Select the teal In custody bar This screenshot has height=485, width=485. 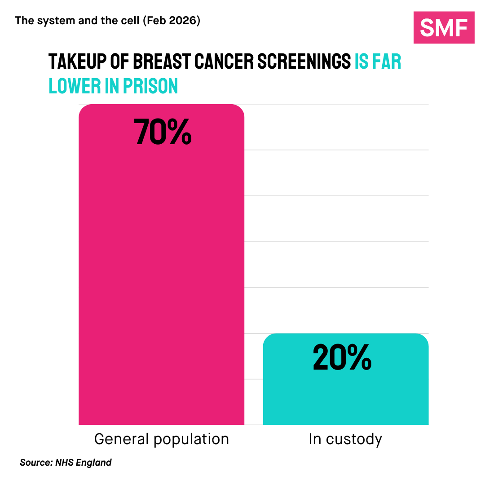point(345,395)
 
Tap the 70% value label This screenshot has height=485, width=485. point(163,132)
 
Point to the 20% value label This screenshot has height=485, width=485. point(342,357)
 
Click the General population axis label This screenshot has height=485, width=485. point(161,439)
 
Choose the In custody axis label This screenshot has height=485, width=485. point(345,439)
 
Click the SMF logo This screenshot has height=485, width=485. point(444,28)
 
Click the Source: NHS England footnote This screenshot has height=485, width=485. point(66,463)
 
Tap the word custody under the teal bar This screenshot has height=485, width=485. point(354,439)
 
